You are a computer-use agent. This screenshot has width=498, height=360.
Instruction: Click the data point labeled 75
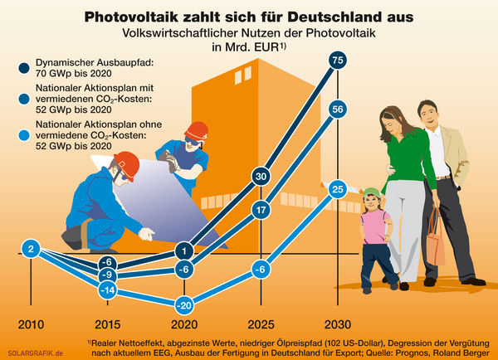click(336, 60)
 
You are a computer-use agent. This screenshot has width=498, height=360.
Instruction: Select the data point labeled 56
click(336, 109)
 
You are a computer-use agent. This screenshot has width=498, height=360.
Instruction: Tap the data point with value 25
click(336, 190)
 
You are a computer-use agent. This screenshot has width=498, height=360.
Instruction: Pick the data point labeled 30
click(260, 177)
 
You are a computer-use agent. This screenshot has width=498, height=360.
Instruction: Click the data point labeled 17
click(260, 210)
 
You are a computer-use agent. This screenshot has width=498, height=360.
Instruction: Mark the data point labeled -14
click(106, 290)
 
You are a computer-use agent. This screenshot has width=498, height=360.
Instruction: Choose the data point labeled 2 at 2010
click(30, 248)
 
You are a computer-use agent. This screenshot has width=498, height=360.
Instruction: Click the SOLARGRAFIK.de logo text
click(35, 352)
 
